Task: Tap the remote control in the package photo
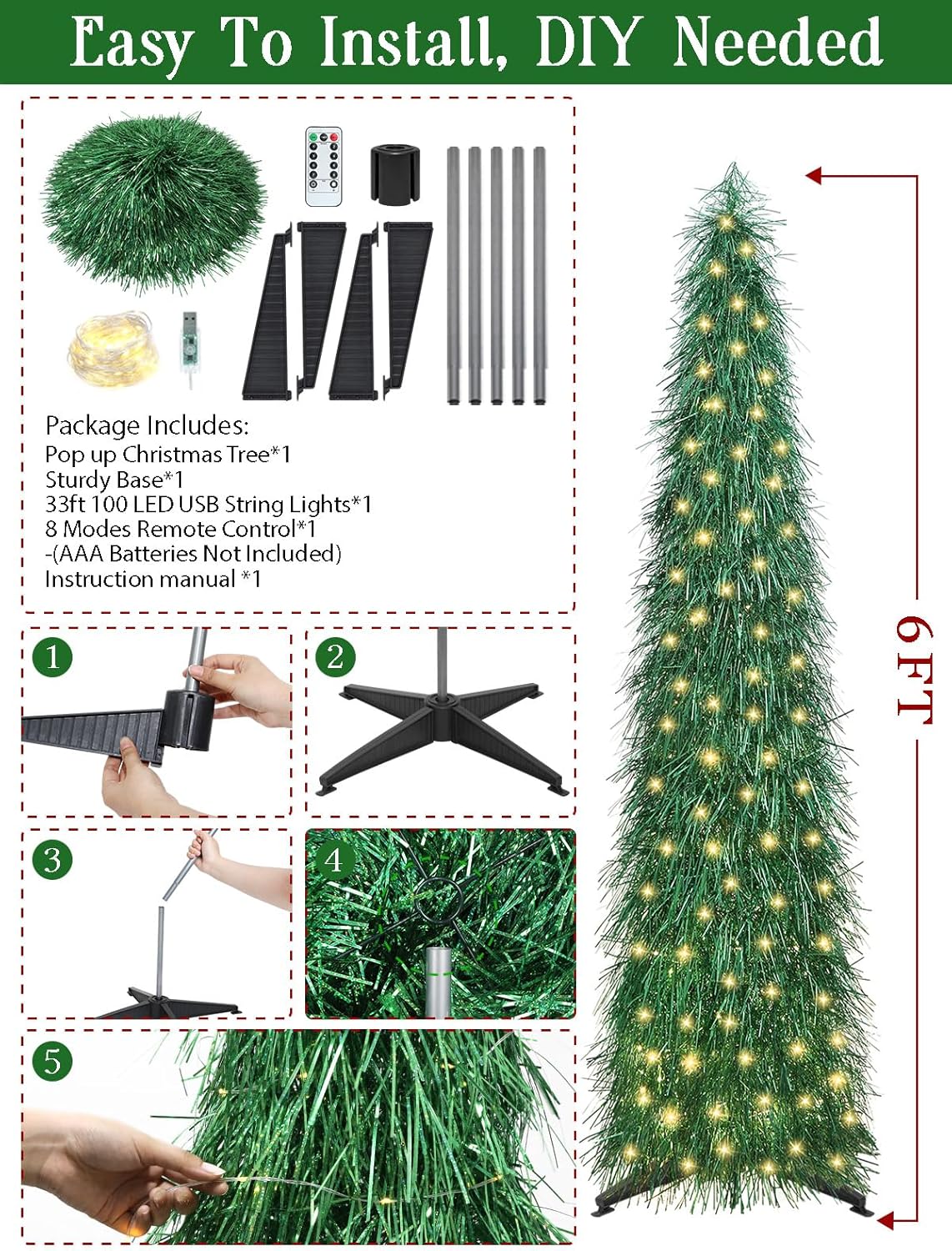click(323, 166)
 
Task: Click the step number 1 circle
click(53, 657)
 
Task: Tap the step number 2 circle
click(335, 657)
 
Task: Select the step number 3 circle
click(53, 859)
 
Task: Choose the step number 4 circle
click(333, 859)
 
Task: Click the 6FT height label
click(913, 667)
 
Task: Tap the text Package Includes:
click(147, 425)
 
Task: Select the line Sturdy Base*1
click(114, 480)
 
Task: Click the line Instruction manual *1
click(153, 579)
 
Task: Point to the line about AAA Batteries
click(193, 554)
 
